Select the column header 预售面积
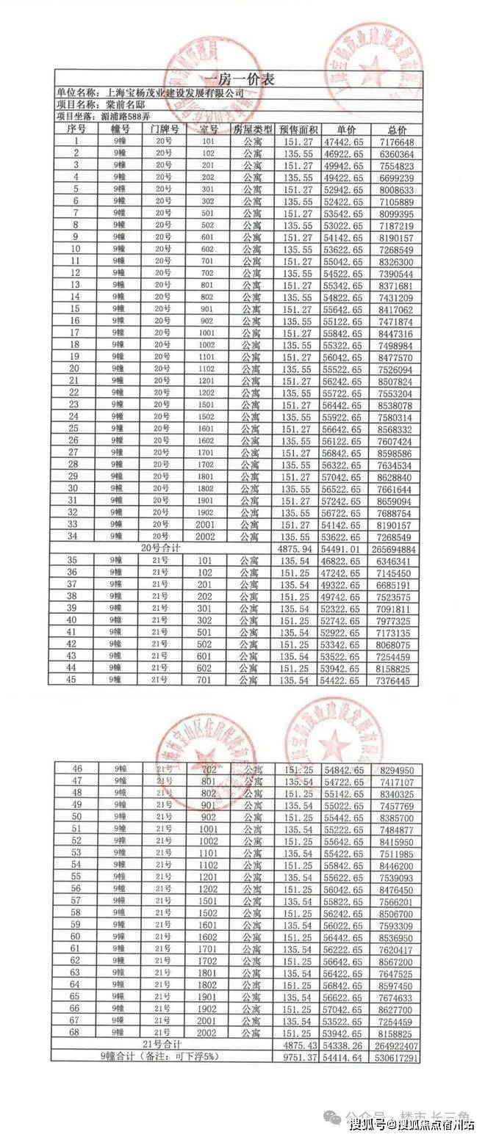pos(298,129)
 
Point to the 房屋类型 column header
pos(253,129)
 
